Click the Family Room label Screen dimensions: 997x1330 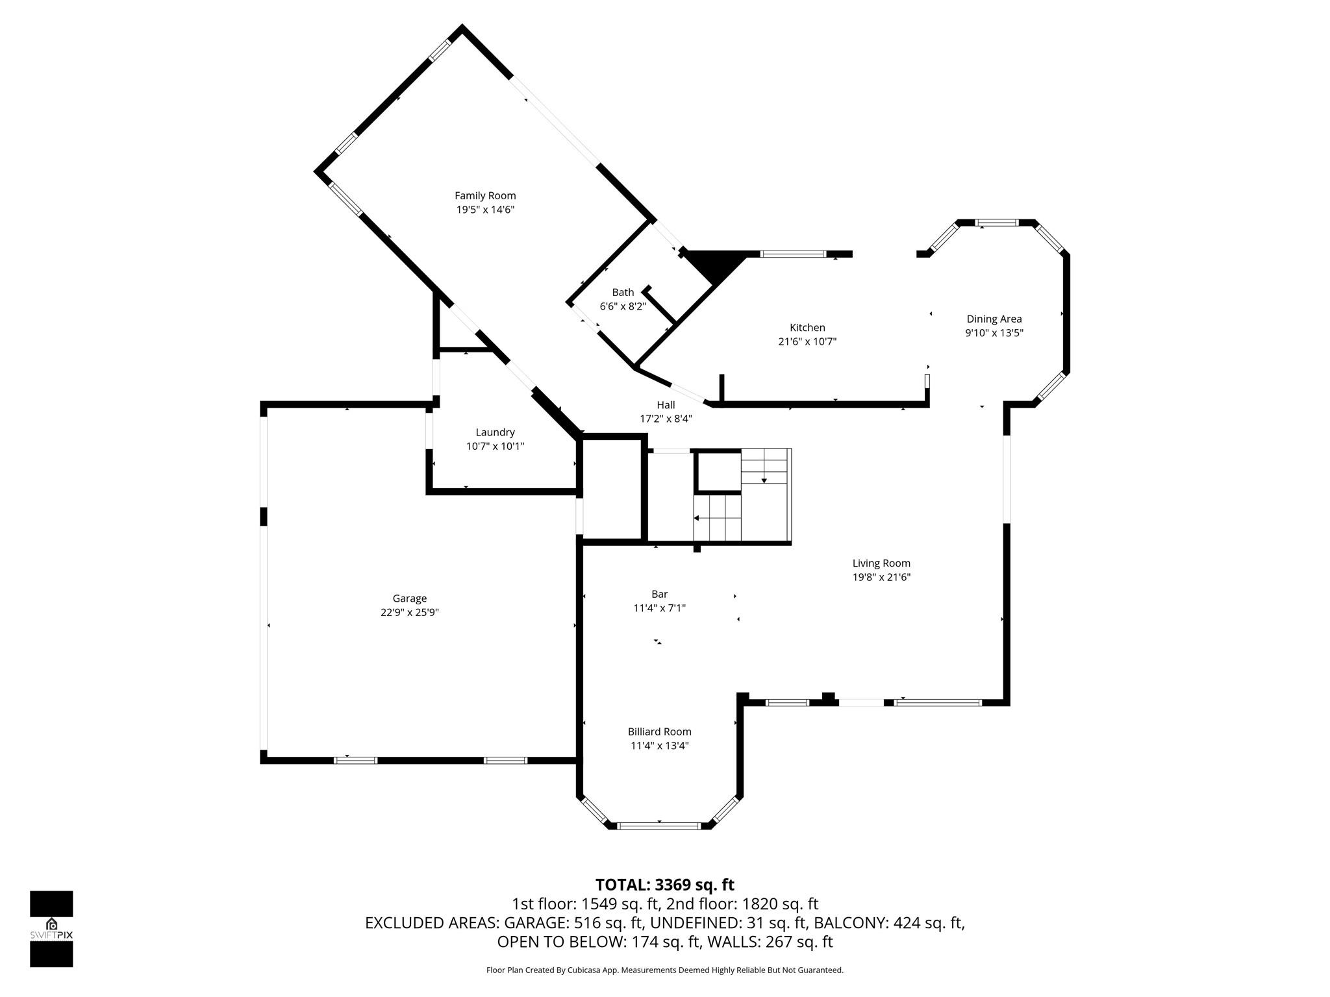(x=485, y=195)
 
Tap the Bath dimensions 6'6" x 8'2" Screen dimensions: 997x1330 (x=622, y=306)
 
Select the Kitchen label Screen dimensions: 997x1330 (x=807, y=328)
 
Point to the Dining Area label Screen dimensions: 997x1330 (x=994, y=319)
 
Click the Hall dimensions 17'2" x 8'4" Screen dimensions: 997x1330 (x=666, y=419)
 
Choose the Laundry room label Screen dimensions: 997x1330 (x=495, y=432)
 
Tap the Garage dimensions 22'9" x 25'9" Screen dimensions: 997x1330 (x=410, y=612)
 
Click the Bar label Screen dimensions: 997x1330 (x=659, y=594)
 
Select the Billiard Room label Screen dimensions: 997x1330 (x=659, y=732)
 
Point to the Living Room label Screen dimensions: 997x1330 (x=881, y=563)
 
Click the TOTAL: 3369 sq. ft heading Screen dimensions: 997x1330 (x=664, y=885)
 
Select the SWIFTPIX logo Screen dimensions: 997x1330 (x=51, y=929)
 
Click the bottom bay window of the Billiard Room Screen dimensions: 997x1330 (x=659, y=826)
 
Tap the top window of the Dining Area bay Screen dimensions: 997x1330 (x=997, y=223)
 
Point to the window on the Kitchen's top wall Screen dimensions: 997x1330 (x=792, y=254)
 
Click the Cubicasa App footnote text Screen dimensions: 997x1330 (x=664, y=970)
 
